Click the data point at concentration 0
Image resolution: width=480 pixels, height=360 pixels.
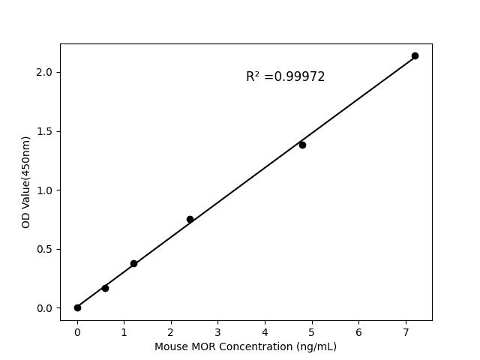click(77, 307)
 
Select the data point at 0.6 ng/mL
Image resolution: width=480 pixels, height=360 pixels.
click(105, 288)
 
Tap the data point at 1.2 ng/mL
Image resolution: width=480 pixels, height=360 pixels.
click(133, 263)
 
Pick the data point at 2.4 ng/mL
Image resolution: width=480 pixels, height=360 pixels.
click(190, 219)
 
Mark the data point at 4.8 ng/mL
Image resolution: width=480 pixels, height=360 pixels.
click(302, 145)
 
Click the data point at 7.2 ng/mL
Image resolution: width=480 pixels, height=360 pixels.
click(415, 55)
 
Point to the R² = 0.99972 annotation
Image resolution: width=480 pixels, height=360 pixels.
click(285, 76)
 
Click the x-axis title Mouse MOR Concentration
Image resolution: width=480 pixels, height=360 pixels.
click(245, 346)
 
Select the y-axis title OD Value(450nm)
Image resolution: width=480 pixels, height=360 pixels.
click(26, 181)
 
